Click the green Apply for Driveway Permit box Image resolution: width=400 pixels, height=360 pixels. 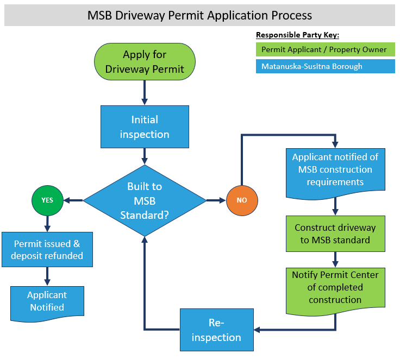(x=145, y=61)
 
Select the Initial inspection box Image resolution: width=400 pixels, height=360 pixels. (x=145, y=127)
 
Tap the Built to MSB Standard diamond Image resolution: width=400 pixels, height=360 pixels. (x=145, y=200)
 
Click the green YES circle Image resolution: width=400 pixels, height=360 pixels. (x=47, y=200)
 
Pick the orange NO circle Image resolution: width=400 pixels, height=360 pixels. (x=241, y=200)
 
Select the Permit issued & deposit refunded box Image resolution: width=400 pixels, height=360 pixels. (x=47, y=249)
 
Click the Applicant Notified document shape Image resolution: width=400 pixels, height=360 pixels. (x=47, y=301)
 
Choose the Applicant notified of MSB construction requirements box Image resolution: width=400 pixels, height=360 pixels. (x=335, y=169)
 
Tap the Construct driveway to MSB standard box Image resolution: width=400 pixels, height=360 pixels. (x=335, y=233)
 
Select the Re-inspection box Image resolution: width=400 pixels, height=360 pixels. (x=217, y=330)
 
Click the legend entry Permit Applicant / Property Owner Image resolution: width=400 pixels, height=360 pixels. (x=324, y=49)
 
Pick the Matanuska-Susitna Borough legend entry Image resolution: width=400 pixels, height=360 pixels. (x=324, y=67)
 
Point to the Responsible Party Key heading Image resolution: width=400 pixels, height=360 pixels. (x=297, y=35)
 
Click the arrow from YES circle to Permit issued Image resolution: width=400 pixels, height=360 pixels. (x=47, y=223)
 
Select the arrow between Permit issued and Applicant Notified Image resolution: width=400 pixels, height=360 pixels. (x=47, y=275)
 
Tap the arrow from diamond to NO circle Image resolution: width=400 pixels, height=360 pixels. (x=216, y=200)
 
